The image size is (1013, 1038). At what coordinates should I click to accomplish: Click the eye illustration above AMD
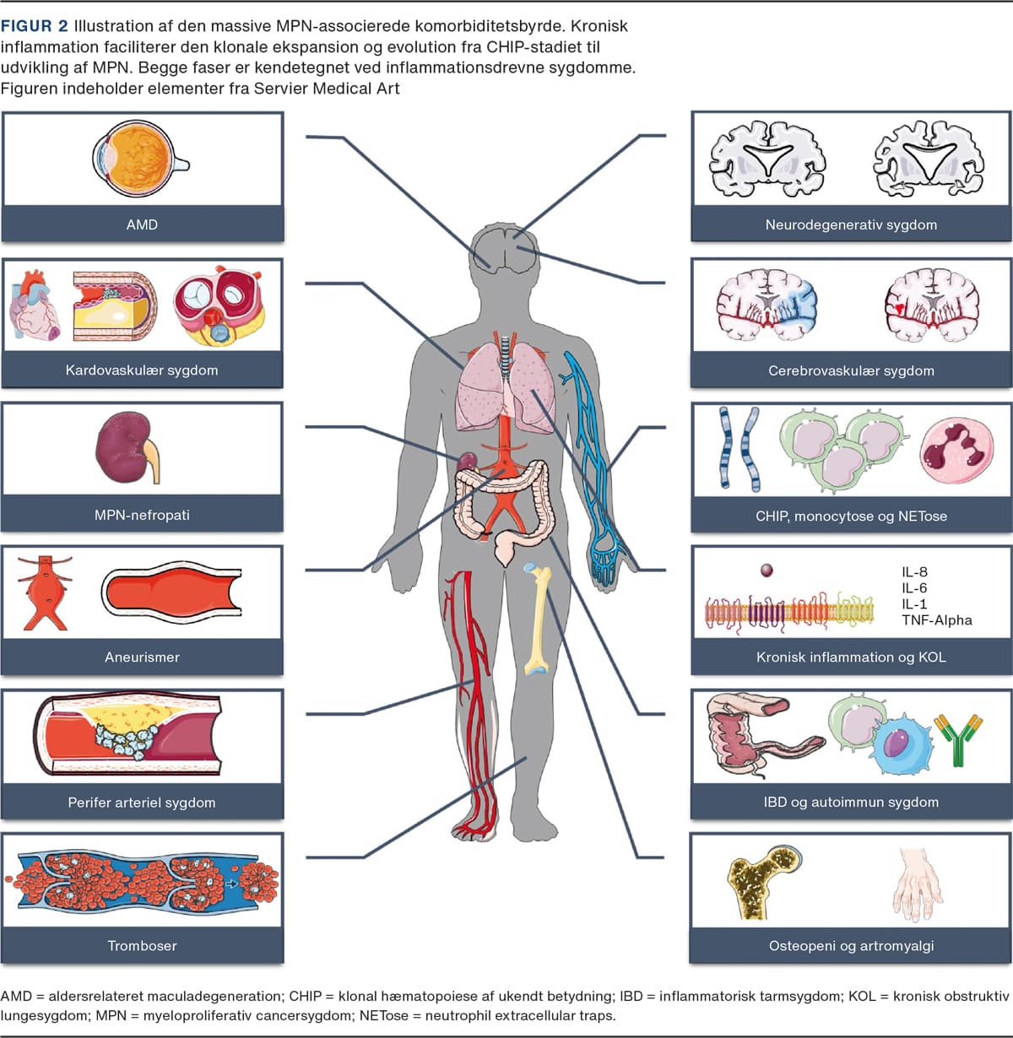pyautogui.click(x=139, y=160)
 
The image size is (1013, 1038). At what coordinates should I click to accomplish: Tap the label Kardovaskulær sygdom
pyautogui.click(x=142, y=370)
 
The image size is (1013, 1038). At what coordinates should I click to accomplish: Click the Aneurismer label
pyautogui.click(x=142, y=657)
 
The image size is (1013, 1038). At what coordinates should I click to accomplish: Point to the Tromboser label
pyautogui.click(x=142, y=946)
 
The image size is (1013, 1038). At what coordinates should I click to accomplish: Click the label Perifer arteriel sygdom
pyautogui.click(x=142, y=803)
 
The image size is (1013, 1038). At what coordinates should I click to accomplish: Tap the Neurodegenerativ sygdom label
pyautogui.click(x=851, y=224)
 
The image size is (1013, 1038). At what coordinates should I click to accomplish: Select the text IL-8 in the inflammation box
pyautogui.click(x=914, y=571)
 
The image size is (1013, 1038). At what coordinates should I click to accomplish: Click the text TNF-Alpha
pyautogui.click(x=936, y=620)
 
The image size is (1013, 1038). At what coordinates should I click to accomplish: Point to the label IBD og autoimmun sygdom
pyautogui.click(x=851, y=802)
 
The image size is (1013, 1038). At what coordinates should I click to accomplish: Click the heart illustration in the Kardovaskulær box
pyautogui.click(x=35, y=305)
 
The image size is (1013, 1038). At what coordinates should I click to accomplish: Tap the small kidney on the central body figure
pyautogui.click(x=467, y=462)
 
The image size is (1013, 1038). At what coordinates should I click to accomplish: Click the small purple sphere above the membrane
pyautogui.click(x=767, y=570)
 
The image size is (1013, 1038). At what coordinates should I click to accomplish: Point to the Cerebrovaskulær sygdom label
pyautogui.click(x=851, y=370)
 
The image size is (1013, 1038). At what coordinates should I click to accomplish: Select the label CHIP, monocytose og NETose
pyautogui.click(x=851, y=516)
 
